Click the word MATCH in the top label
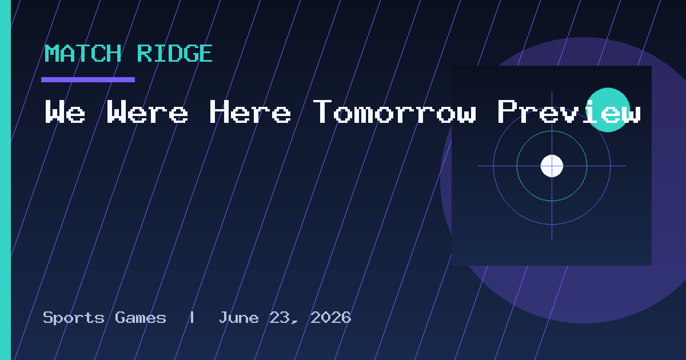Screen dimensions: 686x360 83,53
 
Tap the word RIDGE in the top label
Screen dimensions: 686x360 174,53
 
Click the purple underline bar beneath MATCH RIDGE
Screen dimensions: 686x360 88,79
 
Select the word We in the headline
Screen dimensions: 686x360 65,111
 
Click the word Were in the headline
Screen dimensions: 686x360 147,111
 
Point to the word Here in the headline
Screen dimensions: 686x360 250,111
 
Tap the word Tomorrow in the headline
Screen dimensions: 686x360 395,111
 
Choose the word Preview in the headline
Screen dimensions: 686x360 569,111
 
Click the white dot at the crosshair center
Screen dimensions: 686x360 552,166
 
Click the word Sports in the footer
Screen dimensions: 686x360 74,318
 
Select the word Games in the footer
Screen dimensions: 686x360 141,318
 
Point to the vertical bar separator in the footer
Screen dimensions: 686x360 192,318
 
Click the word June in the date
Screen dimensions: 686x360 238,318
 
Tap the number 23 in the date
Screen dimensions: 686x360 280,318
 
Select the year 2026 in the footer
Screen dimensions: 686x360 331,318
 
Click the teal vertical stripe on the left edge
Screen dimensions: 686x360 5,180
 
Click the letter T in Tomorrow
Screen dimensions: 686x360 322,111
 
